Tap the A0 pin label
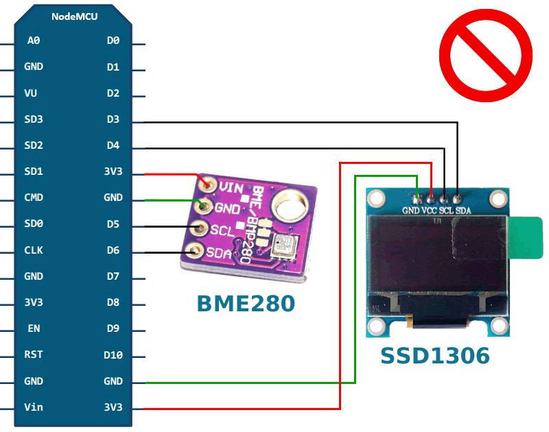point(34,40)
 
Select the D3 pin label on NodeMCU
point(113,119)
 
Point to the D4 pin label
point(113,145)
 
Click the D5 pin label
point(113,224)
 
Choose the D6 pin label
point(113,250)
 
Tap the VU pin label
point(31,93)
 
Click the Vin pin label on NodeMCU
point(34,407)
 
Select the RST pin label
point(34,355)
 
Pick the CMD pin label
point(34,198)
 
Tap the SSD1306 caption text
point(435,356)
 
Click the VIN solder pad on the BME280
point(209,185)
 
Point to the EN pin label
point(34,328)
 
